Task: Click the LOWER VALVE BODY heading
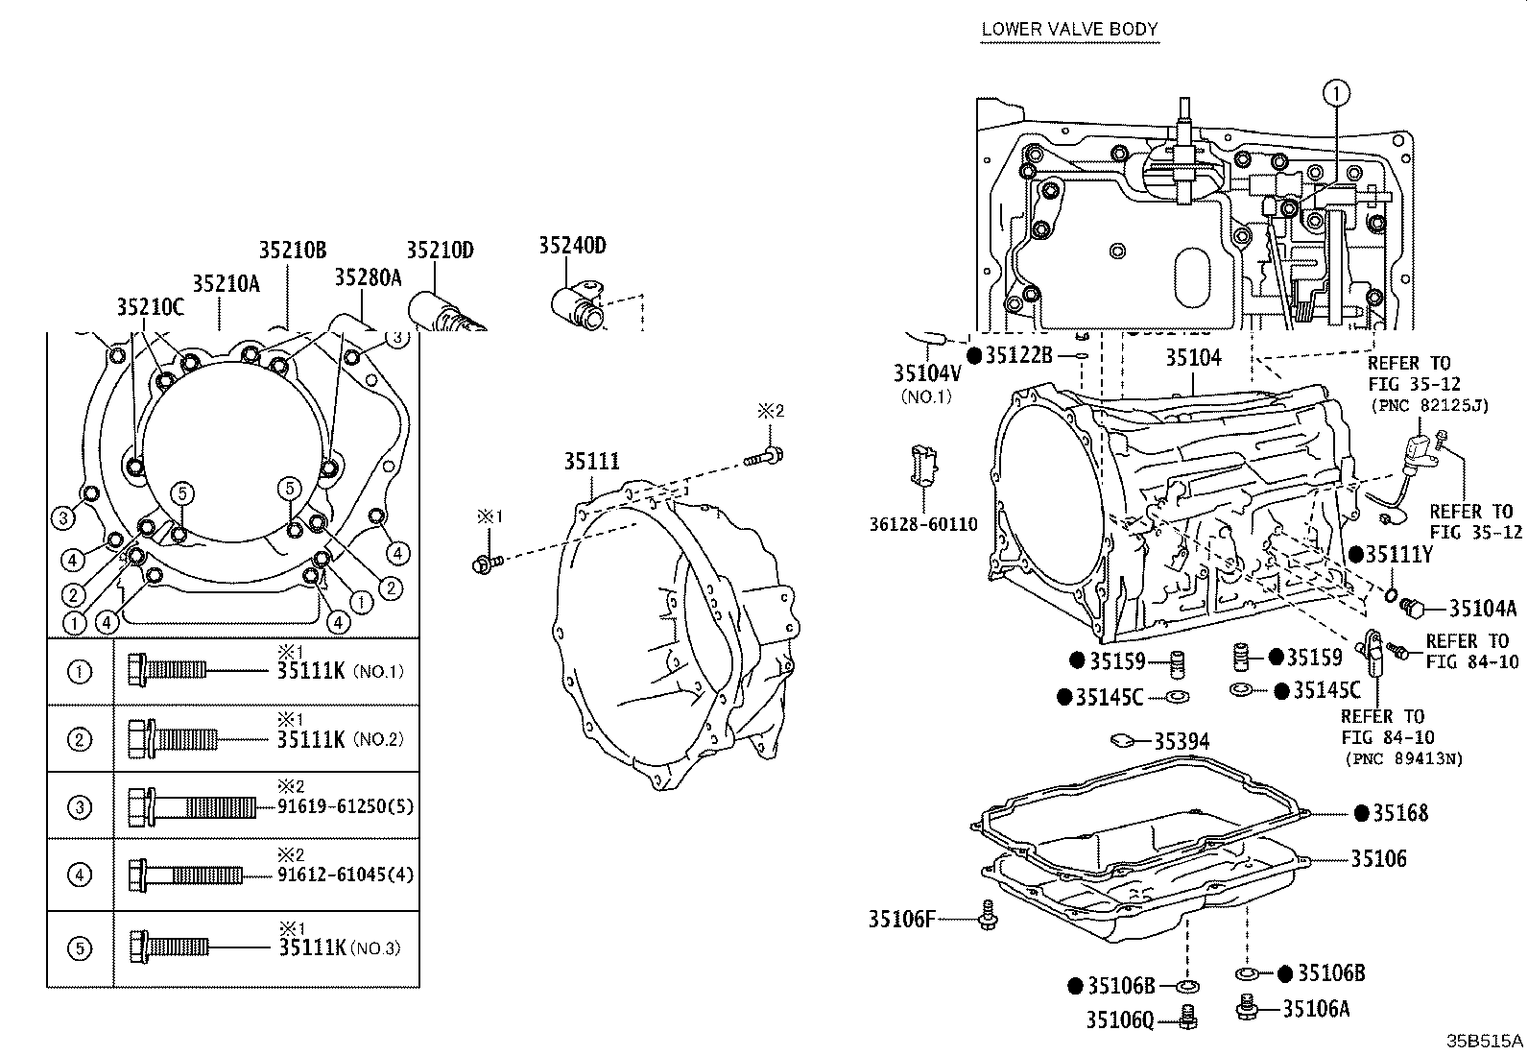coord(1069,29)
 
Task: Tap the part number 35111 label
coord(591,461)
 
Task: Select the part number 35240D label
coord(572,246)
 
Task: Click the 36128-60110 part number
coord(924,524)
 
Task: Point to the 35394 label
coord(1181,741)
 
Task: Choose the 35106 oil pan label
coord(1378,858)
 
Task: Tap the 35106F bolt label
coord(900,919)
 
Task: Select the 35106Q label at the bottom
coord(1119,1019)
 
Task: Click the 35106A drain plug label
coord(1316,1008)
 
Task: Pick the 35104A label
coord(1482,608)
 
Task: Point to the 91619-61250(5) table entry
coord(346,806)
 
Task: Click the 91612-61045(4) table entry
coord(346,875)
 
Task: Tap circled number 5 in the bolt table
coord(80,948)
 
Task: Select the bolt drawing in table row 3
coord(192,806)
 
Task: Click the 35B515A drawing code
coord(1486,1041)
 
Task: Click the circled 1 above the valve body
coord(1335,93)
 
